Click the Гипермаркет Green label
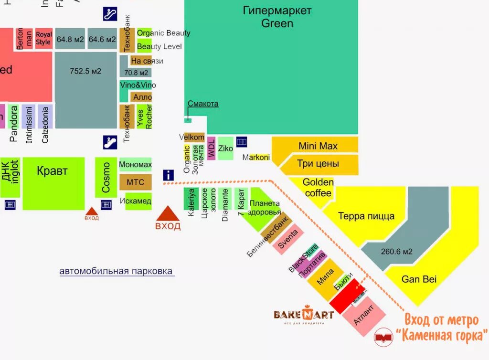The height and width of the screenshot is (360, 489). click(x=277, y=17)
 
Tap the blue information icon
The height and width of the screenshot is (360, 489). click(x=168, y=175)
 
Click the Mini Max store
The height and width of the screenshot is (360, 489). click(x=318, y=146)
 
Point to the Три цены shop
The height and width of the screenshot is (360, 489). click(x=318, y=164)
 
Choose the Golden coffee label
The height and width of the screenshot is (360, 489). click(x=318, y=188)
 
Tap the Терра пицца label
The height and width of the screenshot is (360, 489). click(x=366, y=216)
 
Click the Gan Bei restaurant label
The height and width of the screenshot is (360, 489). click(x=419, y=279)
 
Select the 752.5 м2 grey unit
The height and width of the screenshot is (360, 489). click(x=85, y=72)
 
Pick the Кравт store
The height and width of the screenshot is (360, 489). click(x=53, y=171)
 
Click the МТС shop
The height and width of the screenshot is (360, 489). click(x=135, y=182)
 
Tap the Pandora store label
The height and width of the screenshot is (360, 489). click(x=13, y=123)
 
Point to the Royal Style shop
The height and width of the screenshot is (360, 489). click(x=43, y=38)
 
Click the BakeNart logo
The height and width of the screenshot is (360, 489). click(x=303, y=315)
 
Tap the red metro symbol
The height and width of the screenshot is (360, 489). click(x=383, y=337)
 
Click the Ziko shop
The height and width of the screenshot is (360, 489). click(x=225, y=148)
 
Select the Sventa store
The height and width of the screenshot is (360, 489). click(x=288, y=239)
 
